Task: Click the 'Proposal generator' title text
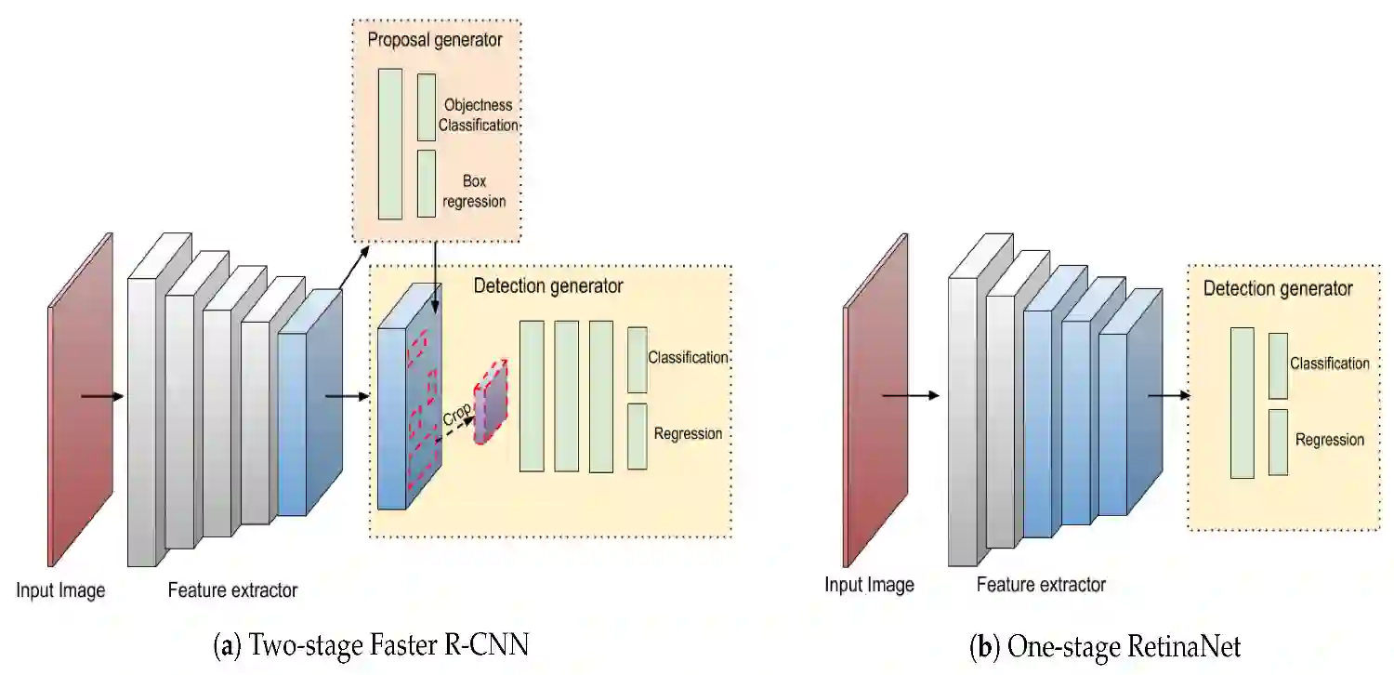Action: [x=435, y=40]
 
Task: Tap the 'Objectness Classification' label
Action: [x=478, y=115]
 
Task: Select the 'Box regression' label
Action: [x=474, y=191]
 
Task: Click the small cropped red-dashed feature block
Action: [x=491, y=402]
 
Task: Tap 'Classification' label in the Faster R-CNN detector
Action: [x=688, y=357]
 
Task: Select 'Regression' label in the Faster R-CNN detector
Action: [x=688, y=433]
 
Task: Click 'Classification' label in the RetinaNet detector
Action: [x=1329, y=364]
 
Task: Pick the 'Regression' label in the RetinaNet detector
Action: [x=1330, y=440]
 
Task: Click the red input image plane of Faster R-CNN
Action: [x=81, y=400]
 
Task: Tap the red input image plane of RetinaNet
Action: [x=875, y=400]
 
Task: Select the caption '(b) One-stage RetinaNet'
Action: [x=1105, y=645]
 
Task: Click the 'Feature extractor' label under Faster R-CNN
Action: [x=232, y=590]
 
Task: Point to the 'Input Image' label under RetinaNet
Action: [x=869, y=585]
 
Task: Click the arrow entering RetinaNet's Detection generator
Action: [x=1168, y=395]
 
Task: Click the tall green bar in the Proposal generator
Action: [x=390, y=143]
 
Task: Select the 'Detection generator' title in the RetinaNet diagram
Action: [x=1278, y=289]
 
